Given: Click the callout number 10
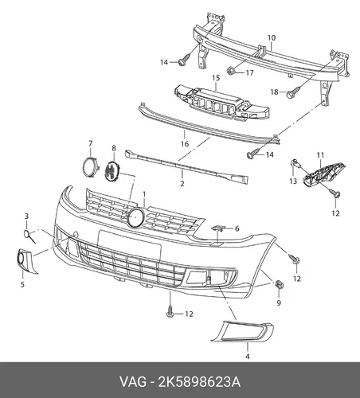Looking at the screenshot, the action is point(272,38).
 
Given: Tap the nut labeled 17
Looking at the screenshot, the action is point(230,71).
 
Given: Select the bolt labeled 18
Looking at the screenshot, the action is point(293,92).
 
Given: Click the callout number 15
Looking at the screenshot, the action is point(216,78).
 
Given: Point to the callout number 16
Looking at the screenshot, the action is point(185,144).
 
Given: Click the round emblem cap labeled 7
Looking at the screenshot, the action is point(89,166).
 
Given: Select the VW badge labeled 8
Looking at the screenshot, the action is point(113,172).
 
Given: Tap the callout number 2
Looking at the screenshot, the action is point(182,183).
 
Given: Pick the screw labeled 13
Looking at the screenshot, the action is point(295,164).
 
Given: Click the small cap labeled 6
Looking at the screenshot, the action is point(217,228).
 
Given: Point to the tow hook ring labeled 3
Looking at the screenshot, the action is point(29,236).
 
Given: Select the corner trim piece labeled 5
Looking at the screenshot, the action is point(25,261).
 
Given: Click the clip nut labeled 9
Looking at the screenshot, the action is point(279,285).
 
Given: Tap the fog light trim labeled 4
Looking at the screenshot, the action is point(241,331).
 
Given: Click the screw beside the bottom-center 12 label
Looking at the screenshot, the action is point(170,311).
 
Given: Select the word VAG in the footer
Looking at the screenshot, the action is point(133,382).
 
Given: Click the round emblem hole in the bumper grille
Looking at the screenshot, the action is point(135,217).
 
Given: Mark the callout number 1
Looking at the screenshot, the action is point(144,194).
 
